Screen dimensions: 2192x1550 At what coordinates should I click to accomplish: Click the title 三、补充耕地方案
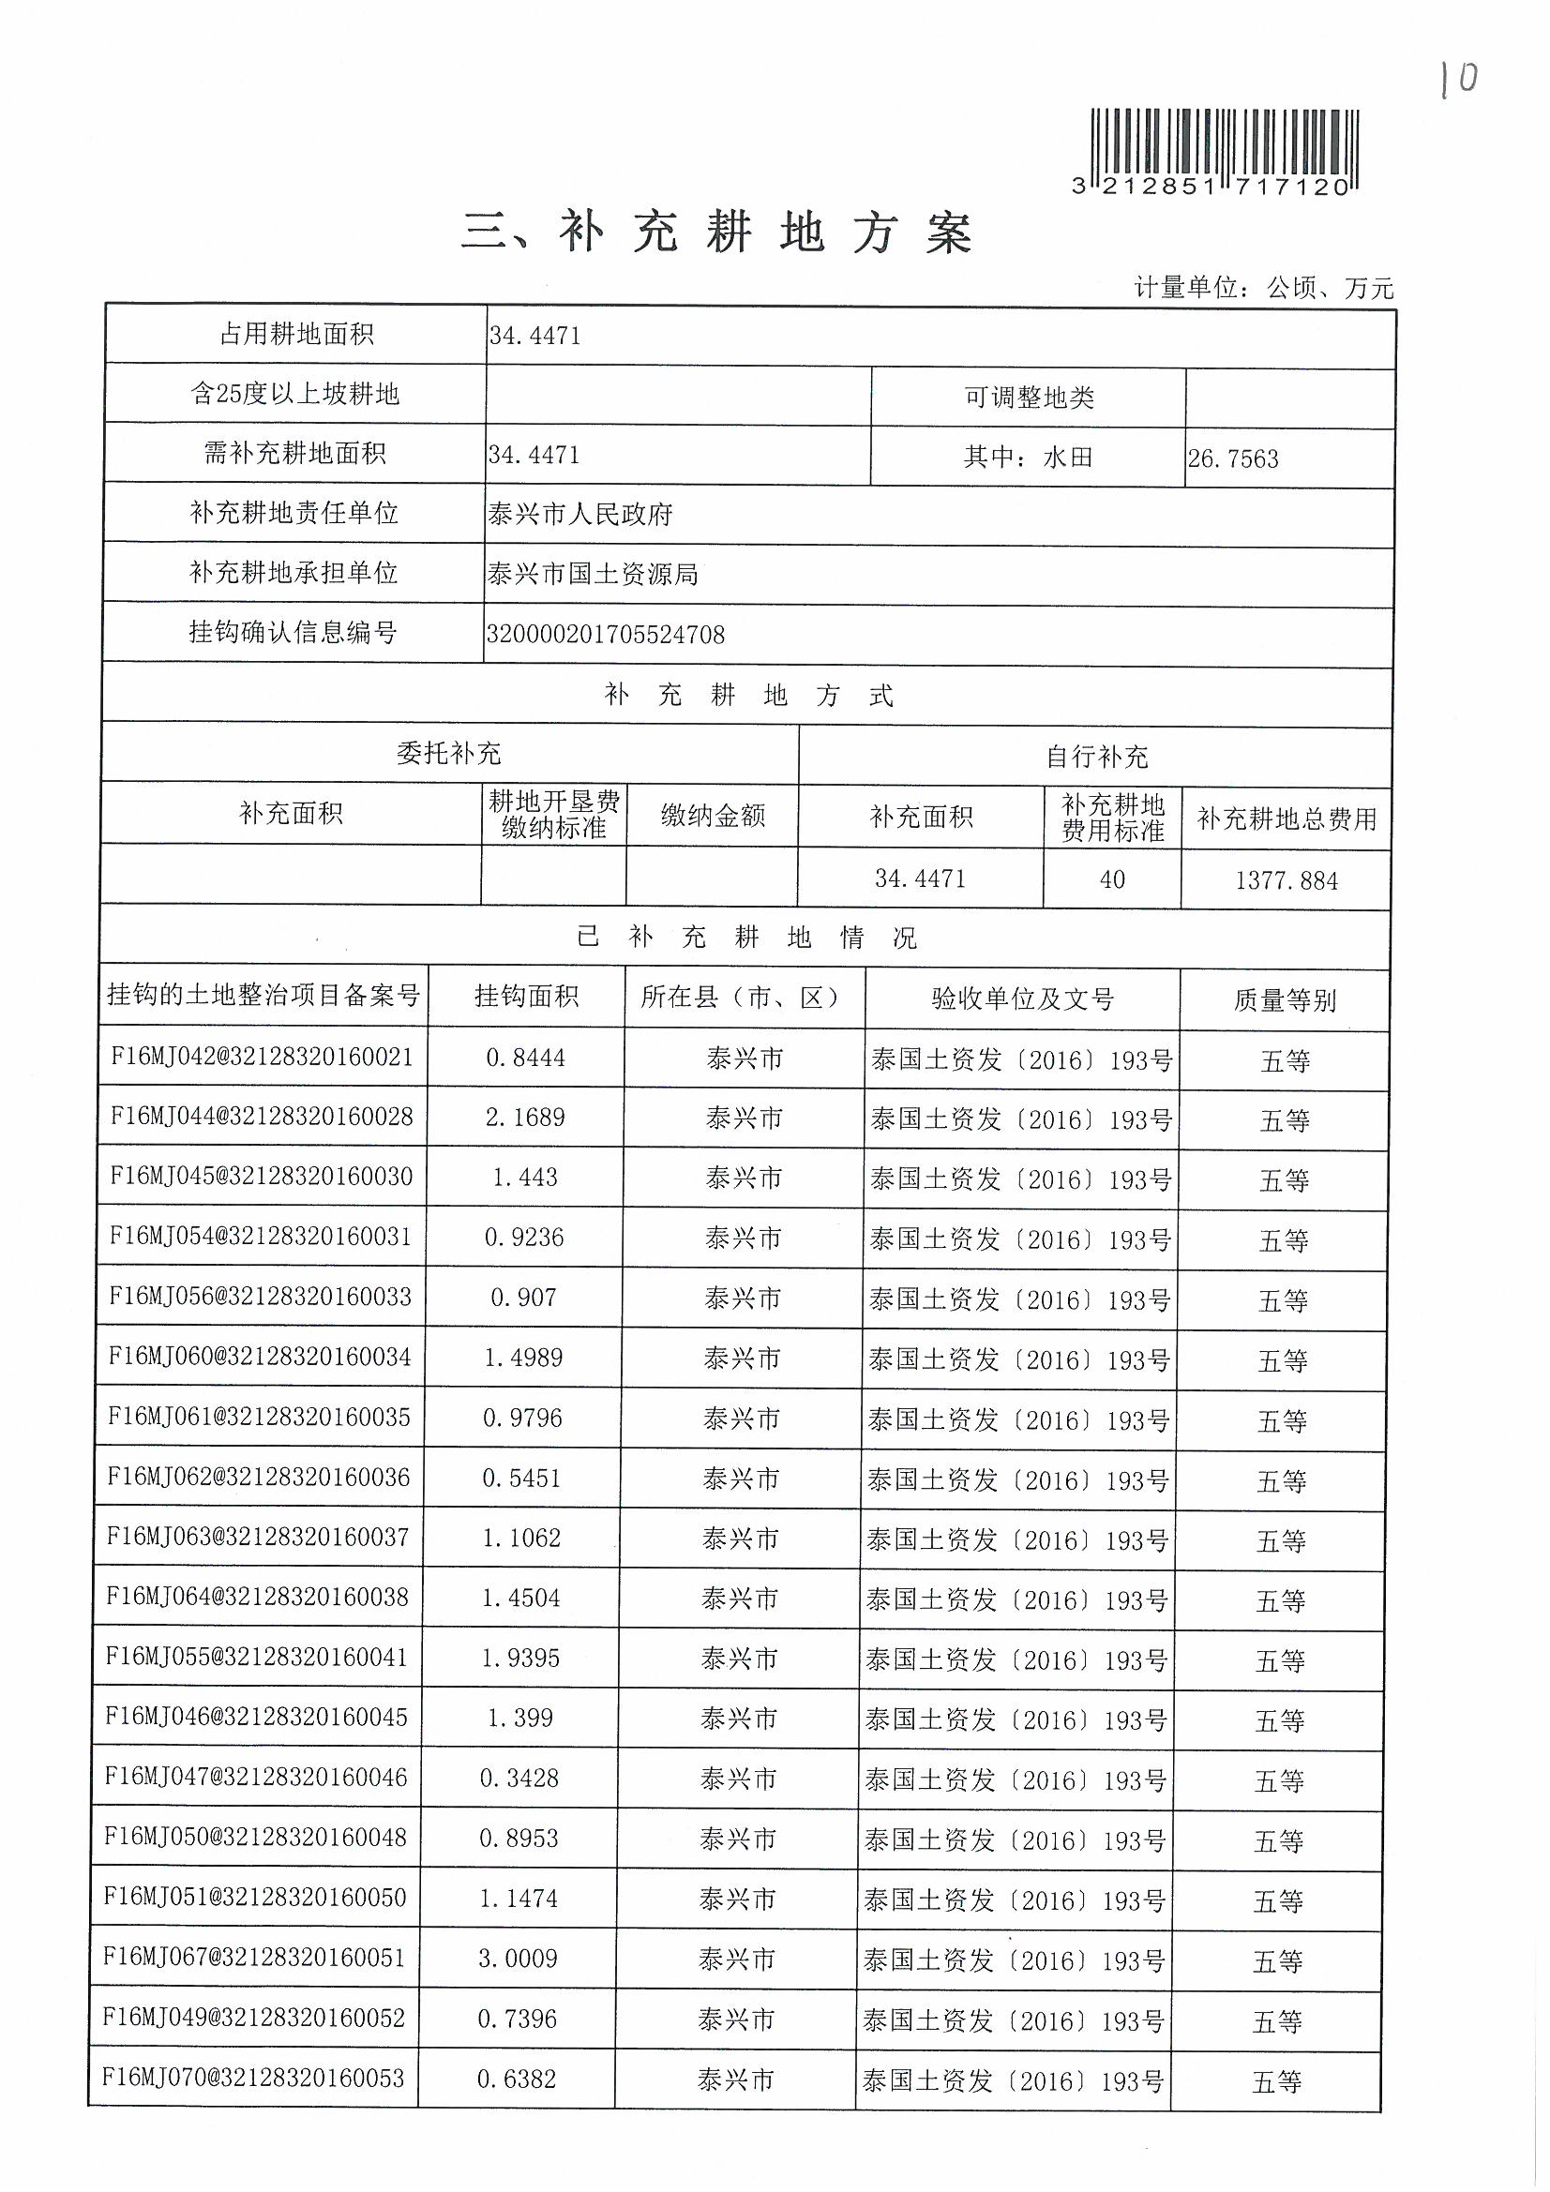point(716,233)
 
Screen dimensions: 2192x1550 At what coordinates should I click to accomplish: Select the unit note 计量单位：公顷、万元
point(1262,288)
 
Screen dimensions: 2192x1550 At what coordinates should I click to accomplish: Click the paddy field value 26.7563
point(1232,459)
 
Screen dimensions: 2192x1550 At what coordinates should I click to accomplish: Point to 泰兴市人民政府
point(579,516)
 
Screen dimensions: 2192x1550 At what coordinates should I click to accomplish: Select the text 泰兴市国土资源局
point(592,575)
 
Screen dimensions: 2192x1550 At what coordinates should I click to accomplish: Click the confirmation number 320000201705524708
point(606,635)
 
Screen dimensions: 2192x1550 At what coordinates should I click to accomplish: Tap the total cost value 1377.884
point(1286,881)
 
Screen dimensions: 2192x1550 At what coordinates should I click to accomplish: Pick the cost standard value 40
point(1112,880)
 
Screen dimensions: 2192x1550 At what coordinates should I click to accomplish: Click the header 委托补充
point(448,754)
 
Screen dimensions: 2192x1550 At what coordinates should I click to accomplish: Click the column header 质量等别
point(1284,1000)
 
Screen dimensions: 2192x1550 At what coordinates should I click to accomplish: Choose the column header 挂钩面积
point(526,998)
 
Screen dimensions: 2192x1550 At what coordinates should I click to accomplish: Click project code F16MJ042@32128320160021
point(262,1057)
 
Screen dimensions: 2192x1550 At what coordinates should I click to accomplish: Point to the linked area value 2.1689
point(524,1118)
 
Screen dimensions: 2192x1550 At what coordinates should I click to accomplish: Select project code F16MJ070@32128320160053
point(253,2079)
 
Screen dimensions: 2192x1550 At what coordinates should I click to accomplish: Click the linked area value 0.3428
point(519,1779)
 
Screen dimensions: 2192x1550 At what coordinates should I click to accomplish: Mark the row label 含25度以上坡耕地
point(294,395)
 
